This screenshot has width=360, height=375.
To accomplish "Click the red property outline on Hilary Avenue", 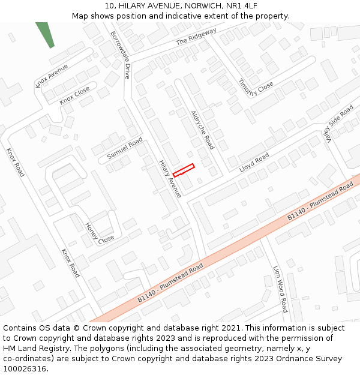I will tap(184, 170).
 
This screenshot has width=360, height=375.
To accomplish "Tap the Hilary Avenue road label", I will tap(170, 179).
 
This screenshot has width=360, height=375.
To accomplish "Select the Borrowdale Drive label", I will tap(120, 55).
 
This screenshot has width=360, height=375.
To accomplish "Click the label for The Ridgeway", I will tap(196, 37).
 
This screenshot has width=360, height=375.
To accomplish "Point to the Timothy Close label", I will tap(256, 88).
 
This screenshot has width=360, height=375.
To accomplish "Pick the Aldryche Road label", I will tap(202, 130).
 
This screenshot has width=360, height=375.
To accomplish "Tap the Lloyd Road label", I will tap(254, 162).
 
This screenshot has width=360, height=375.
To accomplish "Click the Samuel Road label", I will tap(125, 148).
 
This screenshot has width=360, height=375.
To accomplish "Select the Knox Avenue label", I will tap(52, 75).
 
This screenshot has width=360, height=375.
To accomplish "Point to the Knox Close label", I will tap(75, 95).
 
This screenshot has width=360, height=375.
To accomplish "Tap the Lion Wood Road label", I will tap(280, 289).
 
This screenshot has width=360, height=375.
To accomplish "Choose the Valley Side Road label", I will tap(338, 120).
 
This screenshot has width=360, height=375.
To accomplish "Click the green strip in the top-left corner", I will tap(45, 34).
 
